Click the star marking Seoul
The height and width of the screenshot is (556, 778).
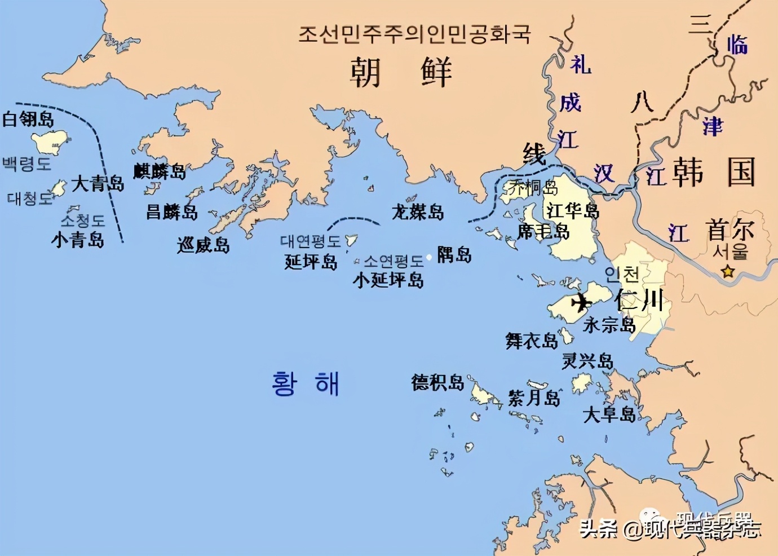click(728, 272)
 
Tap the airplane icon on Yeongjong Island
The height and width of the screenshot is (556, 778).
click(581, 302)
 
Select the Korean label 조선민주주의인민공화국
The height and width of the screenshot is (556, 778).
click(414, 34)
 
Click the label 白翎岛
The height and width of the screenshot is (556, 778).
click(28, 119)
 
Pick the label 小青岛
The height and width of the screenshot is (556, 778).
click(78, 240)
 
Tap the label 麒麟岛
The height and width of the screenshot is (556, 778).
click(160, 171)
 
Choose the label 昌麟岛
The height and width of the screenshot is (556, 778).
click(172, 212)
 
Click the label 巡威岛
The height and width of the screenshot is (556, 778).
click(203, 245)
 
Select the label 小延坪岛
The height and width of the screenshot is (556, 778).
click(388, 280)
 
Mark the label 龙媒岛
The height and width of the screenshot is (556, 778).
click(418, 212)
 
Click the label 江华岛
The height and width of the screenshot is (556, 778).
click(572, 211)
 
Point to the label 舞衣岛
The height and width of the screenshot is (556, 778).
click(532, 341)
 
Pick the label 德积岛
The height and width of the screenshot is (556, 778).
click(437, 382)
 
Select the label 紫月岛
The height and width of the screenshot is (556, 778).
click(534, 398)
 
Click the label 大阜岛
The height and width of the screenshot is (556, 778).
click(609, 414)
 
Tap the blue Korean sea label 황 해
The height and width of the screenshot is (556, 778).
click(305, 384)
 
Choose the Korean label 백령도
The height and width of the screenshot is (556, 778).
click(26, 164)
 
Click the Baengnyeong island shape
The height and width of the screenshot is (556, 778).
click(50, 142)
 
